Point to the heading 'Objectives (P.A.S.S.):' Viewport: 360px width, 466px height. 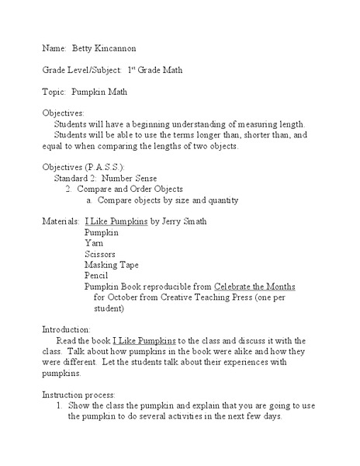pos(82,167)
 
